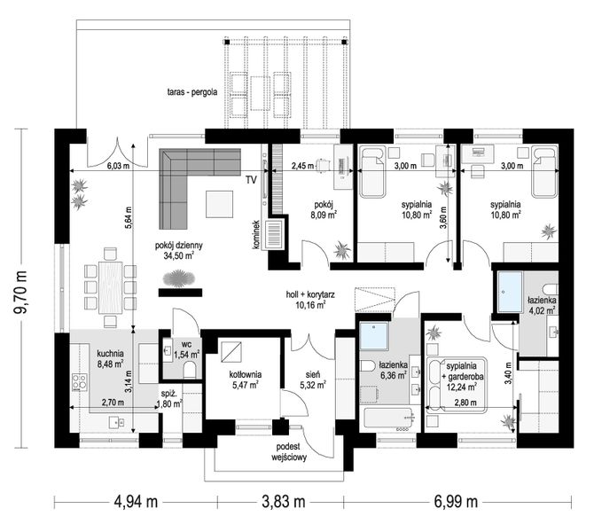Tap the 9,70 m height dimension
point(20,292)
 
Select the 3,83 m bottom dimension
point(284,502)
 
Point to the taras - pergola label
point(192,92)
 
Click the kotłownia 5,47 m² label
point(245,379)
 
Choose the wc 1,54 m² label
point(187,350)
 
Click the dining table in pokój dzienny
point(111,287)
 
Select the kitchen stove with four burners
point(80,382)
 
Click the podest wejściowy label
point(289,451)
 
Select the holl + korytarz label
point(310,299)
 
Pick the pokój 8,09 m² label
point(323,210)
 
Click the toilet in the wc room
point(190,370)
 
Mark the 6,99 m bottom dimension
point(456,502)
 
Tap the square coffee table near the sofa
point(219,204)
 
